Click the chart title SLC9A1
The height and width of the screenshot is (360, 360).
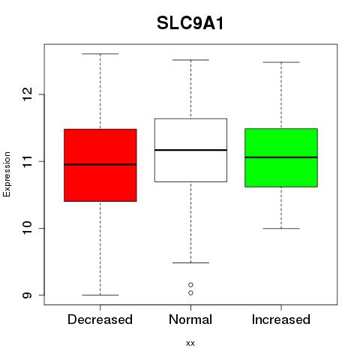190,23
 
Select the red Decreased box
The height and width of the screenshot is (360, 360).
100,165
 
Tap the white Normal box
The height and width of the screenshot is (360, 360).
190,150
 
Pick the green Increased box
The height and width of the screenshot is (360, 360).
281,157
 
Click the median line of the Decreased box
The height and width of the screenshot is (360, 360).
100,164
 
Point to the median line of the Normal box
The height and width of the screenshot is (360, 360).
190,150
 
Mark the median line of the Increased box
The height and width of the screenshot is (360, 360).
281,157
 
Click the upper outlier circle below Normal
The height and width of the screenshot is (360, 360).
190,285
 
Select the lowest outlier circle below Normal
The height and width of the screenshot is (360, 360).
190,292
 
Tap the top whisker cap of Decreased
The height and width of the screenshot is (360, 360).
100,54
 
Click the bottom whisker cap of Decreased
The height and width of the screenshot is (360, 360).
100,295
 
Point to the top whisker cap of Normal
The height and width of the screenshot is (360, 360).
190,60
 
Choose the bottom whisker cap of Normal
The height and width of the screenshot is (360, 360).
190,262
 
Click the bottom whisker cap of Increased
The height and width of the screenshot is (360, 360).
281,229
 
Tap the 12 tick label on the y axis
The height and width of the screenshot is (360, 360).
28,94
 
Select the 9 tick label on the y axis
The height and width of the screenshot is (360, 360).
28,295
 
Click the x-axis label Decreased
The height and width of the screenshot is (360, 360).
100,319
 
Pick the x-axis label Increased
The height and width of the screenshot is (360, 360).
281,319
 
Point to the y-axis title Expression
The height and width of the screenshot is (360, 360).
7,174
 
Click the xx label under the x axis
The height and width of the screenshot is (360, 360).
190,343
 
